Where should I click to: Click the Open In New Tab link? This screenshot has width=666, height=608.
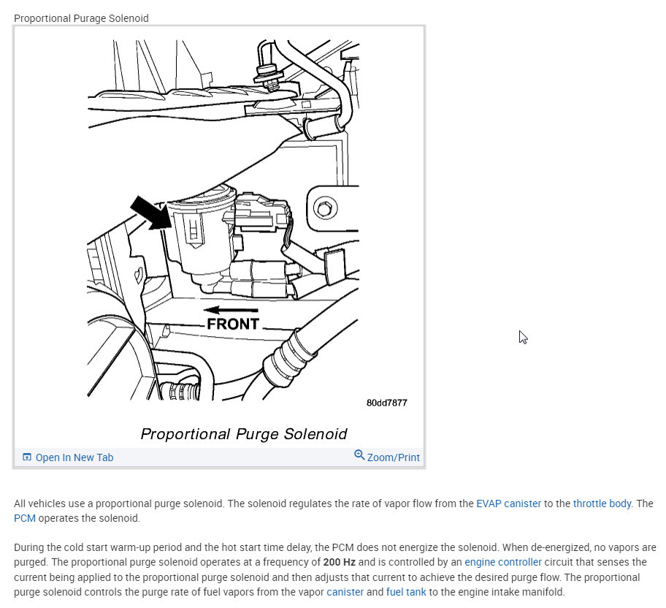click(74, 457)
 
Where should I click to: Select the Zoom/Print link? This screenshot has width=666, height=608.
click(393, 457)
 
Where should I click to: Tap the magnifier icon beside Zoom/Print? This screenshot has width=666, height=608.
click(359, 455)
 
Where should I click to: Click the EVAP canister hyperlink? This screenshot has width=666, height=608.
click(508, 503)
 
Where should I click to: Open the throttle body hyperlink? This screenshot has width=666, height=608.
click(602, 503)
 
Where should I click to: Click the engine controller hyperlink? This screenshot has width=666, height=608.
click(503, 562)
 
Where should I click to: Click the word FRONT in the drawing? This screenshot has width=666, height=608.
click(233, 324)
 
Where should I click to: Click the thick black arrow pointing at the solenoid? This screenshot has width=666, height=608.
click(148, 212)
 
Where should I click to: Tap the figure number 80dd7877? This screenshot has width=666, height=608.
click(386, 403)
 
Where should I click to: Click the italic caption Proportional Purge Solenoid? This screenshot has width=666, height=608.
click(243, 434)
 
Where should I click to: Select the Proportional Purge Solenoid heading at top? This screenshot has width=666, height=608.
click(81, 18)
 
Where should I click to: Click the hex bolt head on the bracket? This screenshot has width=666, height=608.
click(324, 209)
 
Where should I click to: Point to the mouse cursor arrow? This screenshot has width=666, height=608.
click(523, 337)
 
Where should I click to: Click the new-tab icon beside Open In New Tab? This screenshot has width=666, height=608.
click(27, 457)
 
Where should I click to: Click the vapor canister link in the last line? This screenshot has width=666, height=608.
click(345, 591)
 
